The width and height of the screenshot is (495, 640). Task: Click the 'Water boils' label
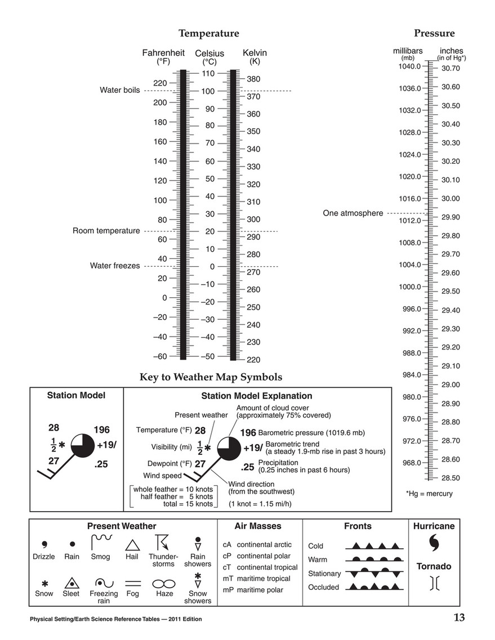pyautogui.click(x=119, y=90)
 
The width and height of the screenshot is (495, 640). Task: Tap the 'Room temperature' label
pyautogui.click(x=106, y=231)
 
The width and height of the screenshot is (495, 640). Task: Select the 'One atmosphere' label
pyautogui.click(x=353, y=213)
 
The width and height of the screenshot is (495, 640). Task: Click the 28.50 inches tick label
pyautogui.click(x=451, y=478)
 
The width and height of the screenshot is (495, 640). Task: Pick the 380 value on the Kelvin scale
pyautogui.click(x=253, y=79)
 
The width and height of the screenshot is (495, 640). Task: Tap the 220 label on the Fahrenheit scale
pyautogui.click(x=159, y=83)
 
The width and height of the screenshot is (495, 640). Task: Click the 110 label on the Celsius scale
pyautogui.click(x=208, y=73)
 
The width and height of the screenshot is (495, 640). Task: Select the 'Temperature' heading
pyautogui.click(x=208, y=34)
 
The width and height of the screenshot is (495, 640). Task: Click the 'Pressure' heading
pyautogui.click(x=434, y=33)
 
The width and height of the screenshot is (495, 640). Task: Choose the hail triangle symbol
pyautogui.click(x=132, y=545)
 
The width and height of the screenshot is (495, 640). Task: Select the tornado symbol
pyautogui.click(x=434, y=583)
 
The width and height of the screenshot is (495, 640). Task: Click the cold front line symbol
pyautogui.click(x=374, y=546)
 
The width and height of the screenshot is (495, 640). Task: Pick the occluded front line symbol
pyautogui.click(x=374, y=587)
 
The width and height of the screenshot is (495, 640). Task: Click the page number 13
pyautogui.click(x=459, y=618)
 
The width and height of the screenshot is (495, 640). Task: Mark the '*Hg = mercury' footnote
pyautogui.click(x=429, y=494)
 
